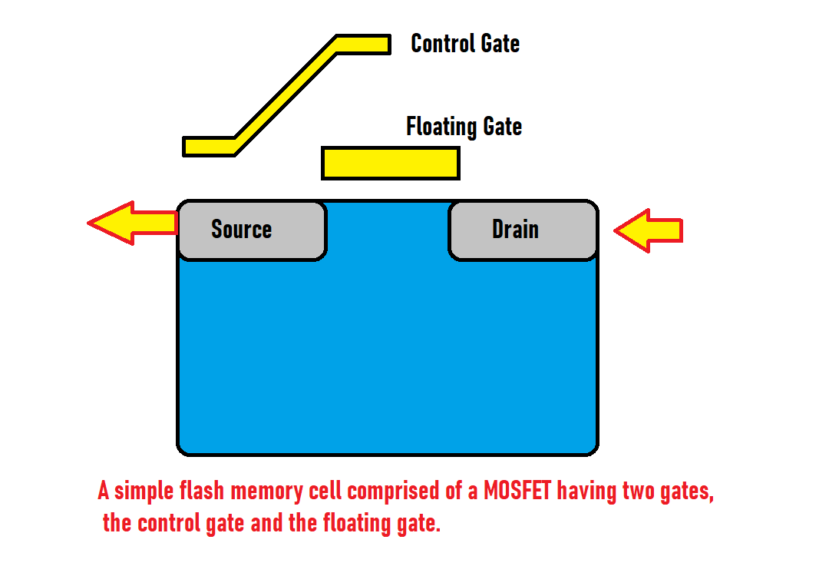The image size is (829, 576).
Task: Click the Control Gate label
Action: (465, 43)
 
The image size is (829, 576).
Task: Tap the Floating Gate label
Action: (464, 126)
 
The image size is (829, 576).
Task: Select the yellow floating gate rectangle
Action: (390, 163)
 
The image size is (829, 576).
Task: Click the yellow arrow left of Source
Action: (130, 223)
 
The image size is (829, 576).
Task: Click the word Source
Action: (241, 230)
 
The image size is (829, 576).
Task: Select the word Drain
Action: (515, 230)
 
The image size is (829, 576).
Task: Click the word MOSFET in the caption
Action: (517, 491)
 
